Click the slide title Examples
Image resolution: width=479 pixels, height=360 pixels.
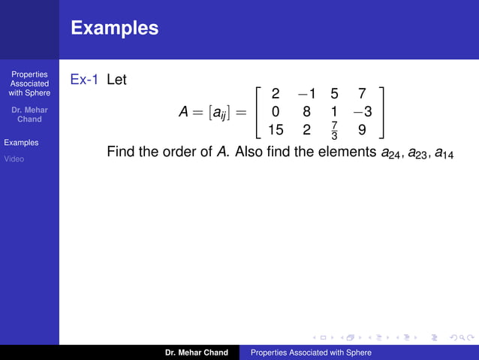(115, 29)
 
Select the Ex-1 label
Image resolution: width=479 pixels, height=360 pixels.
(83, 79)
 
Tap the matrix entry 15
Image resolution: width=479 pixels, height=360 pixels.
(276, 129)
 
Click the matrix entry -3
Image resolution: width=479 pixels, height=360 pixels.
(362, 112)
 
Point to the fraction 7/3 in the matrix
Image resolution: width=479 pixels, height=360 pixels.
(334, 130)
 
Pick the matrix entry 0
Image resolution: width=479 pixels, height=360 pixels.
(276, 112)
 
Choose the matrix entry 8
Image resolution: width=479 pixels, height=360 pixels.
(306, 112)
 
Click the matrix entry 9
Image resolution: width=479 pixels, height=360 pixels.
(362, 129)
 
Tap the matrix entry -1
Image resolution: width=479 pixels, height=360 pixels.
(306, 94)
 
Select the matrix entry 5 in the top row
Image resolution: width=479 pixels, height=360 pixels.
(334, 94)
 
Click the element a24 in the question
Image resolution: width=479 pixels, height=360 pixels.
(390, 153)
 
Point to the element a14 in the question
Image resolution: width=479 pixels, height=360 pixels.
(444, 153)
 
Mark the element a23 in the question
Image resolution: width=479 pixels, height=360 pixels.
(417, 153)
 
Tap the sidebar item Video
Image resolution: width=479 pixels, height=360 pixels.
(14, 159)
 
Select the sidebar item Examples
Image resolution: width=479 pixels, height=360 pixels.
(21, 142)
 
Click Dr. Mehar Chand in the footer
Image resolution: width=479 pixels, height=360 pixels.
(197, 352)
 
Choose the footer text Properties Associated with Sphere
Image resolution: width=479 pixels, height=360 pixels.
(311, 352)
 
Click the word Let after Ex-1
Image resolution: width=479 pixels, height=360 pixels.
(116, 79)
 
